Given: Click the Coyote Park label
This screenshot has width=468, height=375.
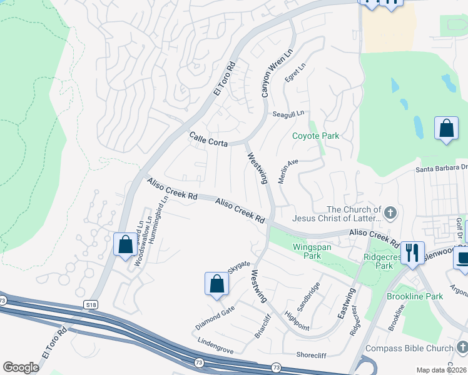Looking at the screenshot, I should point(316,136).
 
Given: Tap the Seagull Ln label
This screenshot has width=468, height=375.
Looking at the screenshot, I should point(288,114).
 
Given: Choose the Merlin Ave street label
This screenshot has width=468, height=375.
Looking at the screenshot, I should point(288,171).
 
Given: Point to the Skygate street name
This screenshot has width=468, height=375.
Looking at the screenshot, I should point(238,267).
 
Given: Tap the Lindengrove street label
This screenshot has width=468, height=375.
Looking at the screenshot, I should point(215,346).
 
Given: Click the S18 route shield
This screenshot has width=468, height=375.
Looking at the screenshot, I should point(92,304).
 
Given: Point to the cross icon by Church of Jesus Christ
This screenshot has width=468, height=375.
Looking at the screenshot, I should point(390,214).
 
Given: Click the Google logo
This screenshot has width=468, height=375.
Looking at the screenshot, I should point(21,367).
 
